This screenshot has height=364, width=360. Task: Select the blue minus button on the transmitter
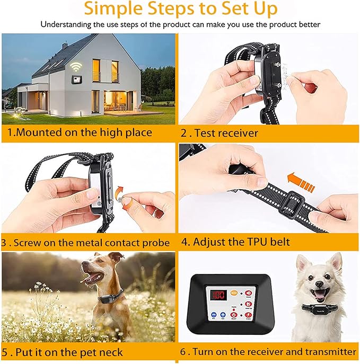coord(212,316)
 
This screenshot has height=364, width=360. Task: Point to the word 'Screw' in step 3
coord(28,243)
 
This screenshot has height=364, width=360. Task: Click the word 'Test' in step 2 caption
coord(207,133)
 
